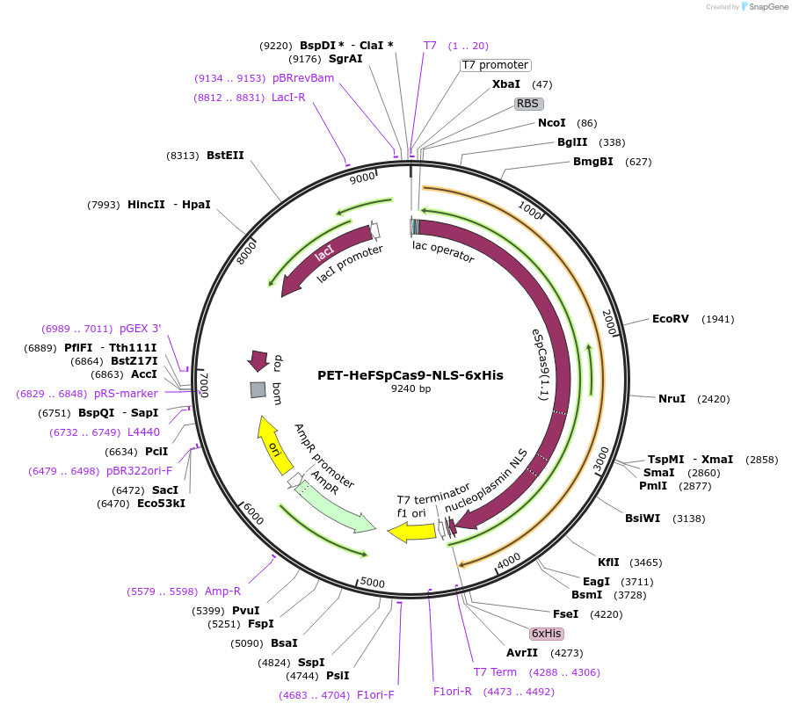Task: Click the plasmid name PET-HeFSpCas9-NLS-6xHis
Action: (410, 374)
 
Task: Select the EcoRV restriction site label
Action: (670, 319)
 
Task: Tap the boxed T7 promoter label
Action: (495, 65)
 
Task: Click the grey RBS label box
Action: (527, 104)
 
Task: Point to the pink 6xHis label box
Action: (546, 634)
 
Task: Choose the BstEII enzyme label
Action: (225, 156)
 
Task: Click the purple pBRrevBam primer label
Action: (302, 78)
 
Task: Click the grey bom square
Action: (258, 389)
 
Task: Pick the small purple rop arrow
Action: (258, 359)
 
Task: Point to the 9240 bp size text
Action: (411, 388)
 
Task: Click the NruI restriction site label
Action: (672, 399)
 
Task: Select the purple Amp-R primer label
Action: (222, 591)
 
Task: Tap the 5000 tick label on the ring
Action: (373, 583)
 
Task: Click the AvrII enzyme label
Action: (522, 653)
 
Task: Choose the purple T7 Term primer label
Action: (495, 672)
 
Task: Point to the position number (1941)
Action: (717, 319)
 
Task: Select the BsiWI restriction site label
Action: (643, 519)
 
